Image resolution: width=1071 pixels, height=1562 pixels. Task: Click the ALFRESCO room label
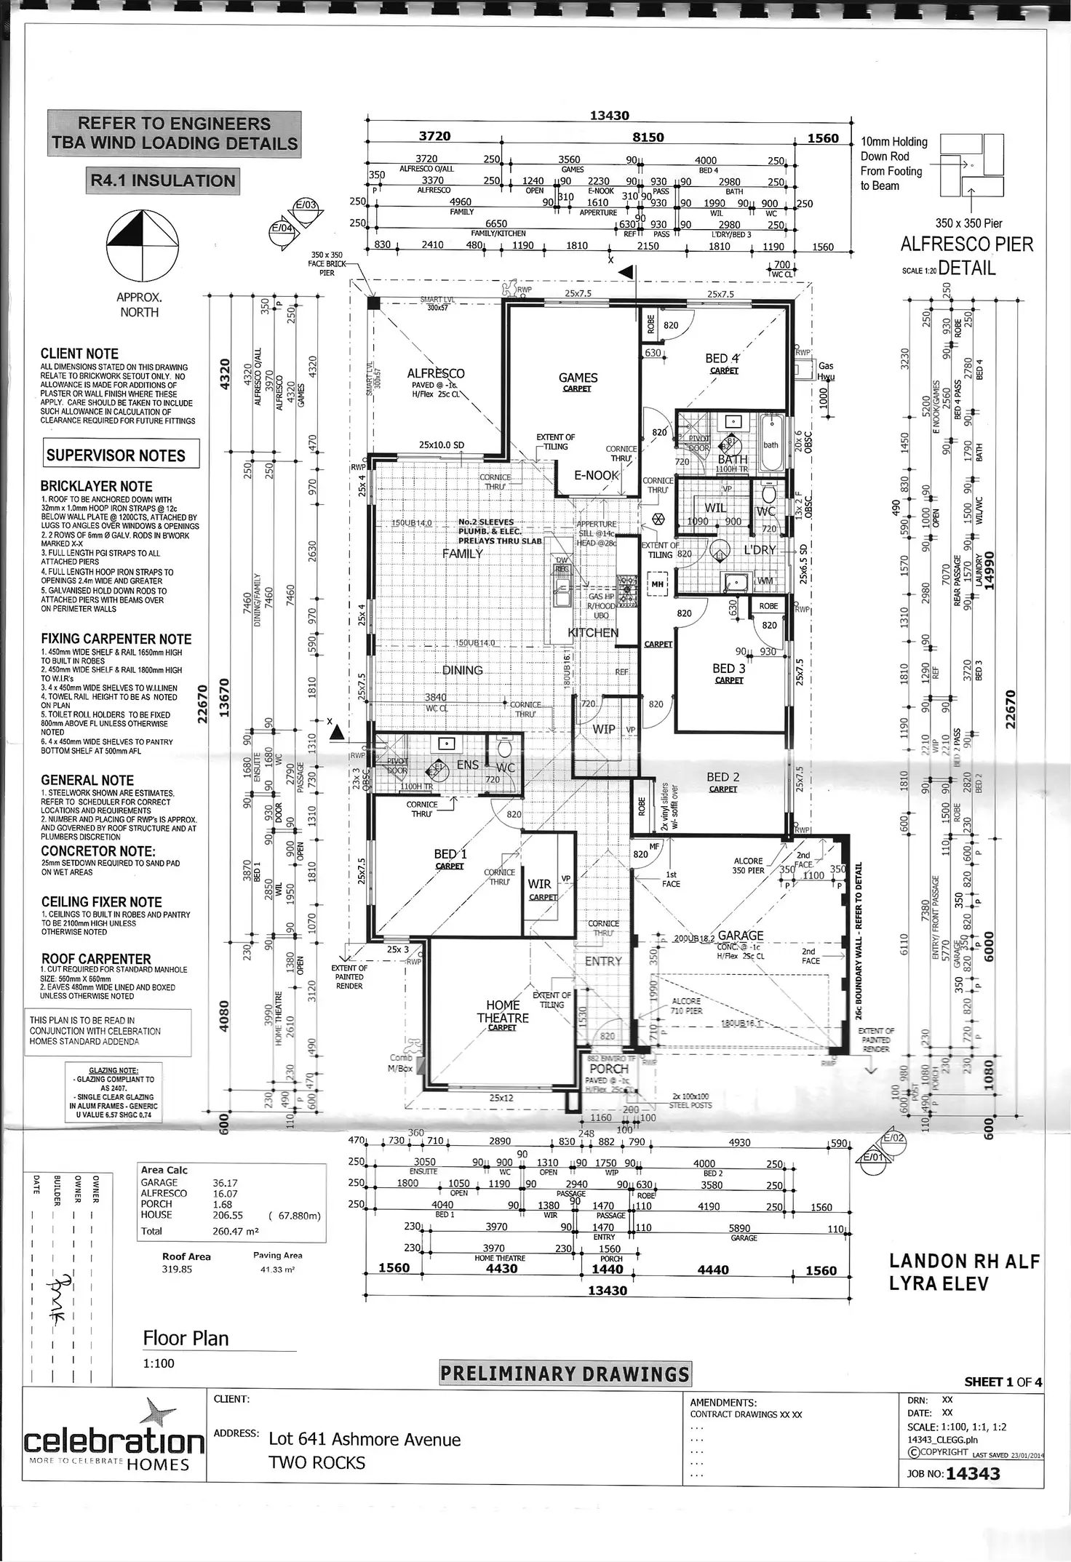tap(435, 373)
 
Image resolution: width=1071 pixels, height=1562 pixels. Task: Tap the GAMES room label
tap(578, 378)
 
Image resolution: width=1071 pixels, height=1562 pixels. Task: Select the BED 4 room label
tap(722, 359)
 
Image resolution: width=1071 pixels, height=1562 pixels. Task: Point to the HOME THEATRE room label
tap(503, 1012)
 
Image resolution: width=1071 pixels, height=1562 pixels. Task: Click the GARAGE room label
tap(741, 936)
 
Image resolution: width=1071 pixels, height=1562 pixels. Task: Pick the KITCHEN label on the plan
tap(593, 632)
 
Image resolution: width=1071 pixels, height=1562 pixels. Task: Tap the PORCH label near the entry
tap(609, 1069)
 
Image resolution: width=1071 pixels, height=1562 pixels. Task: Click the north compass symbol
tap(142, 247)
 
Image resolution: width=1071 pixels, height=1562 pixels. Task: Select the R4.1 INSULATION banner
tap(162, 180)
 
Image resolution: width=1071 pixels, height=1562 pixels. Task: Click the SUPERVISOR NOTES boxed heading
tap(116, 456)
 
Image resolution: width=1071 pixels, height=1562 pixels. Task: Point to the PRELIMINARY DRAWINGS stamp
tap(565, 1374)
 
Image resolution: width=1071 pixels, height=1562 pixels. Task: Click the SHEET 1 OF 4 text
tap(1003, 1382)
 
